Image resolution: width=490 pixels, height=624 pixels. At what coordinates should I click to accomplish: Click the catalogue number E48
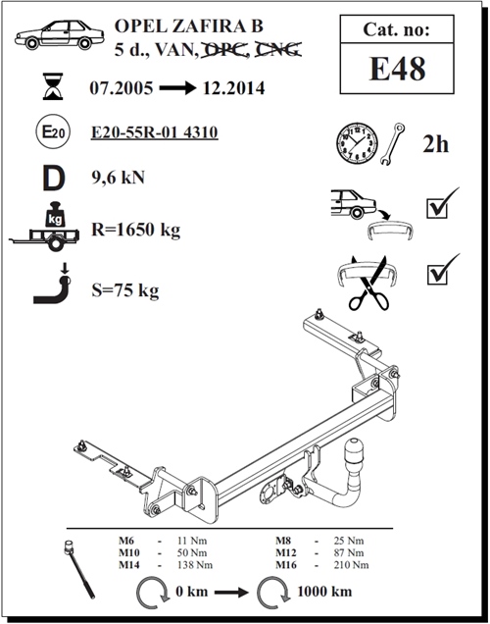point(397,69)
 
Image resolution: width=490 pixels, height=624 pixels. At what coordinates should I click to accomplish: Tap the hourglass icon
point(53,86)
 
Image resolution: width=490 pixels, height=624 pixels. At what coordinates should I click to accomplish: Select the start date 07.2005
point(121,88)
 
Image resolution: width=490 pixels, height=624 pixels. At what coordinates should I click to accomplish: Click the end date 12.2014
point(233,88)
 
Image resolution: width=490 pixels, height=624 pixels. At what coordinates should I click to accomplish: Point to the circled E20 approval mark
point(53,131)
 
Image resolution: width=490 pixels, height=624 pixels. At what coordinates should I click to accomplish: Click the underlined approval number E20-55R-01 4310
point(155,132)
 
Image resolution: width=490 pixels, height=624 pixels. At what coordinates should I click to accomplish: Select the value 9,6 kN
point(118,178)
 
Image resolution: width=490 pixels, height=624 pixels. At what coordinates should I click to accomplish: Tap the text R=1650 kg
point(136,230)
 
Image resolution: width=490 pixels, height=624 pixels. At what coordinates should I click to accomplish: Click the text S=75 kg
point(125,290)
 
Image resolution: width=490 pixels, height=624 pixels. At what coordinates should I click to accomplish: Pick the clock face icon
point(357,143)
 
